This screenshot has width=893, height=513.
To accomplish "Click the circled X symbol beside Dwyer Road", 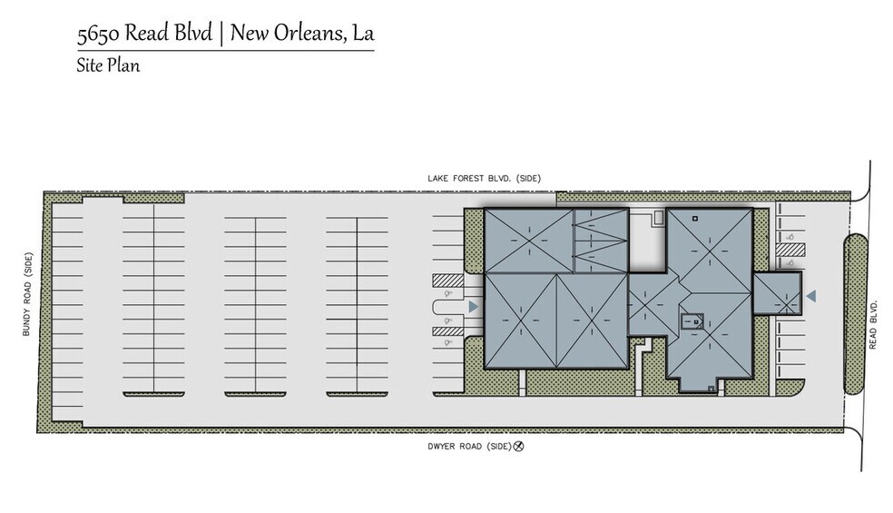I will click(x=520, y=446).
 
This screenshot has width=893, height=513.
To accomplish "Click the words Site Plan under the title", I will click(x=108, y=65).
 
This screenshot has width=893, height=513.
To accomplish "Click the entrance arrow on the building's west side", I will click(x=473, y=308).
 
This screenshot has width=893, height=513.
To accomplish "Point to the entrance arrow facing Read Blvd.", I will click(x=811, y=296).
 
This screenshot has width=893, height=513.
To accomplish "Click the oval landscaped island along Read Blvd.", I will click(x=856, y=313).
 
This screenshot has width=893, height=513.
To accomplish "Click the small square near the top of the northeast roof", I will click(x=694, y=219).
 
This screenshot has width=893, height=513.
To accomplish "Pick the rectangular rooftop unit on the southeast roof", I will click(x=692, y=320).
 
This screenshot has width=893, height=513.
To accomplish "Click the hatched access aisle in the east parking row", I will click(x=788, y=252).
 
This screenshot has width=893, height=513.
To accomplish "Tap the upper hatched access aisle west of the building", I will click(x=448, y=281).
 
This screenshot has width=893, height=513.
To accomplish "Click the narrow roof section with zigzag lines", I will click(x=600, y=240).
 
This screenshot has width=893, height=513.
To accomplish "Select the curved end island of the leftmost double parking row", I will click(x=154, y=392).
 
